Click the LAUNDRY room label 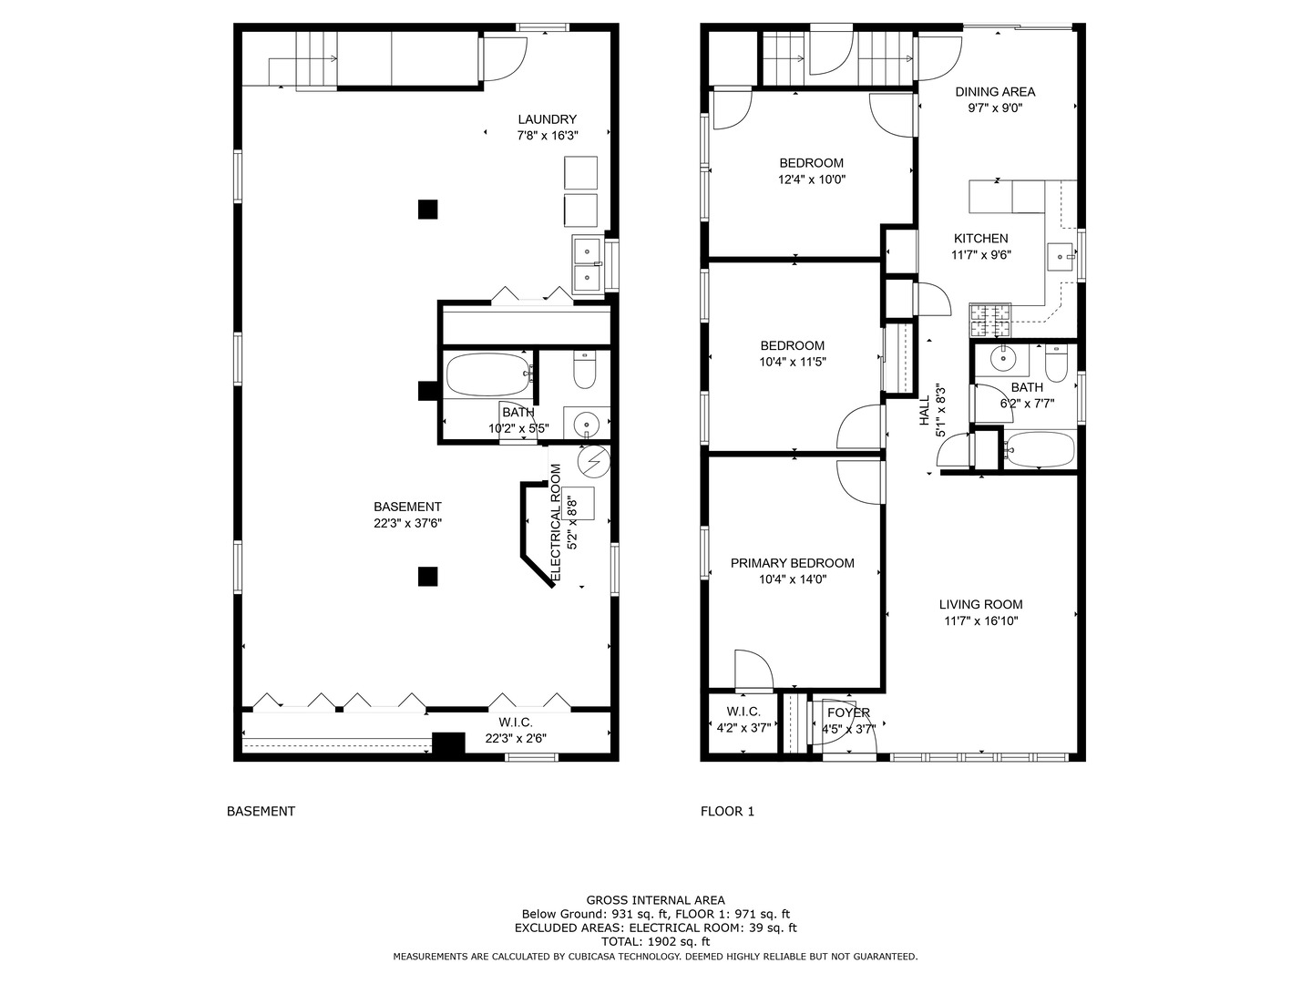pyautogui.click(x=547, y=119)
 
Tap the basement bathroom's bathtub pyautogui.click(x=487, y=374)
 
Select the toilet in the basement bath pyautogui.click(x=585, y=369)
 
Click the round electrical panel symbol pyautogui.click(x=593, y=462)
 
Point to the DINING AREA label pyautogui.click(x=995, y=92)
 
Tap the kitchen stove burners pyautogui.click(x=989, y=320)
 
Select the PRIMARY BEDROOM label pyautogui.click(x=792, y=563)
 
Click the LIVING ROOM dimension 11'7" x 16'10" pyautogui.click(x=981, y=620)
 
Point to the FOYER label pyautogui.click(x=848, y=712)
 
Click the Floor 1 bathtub pyautogui.click(x=1040, y=450)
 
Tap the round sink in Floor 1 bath pyautogui.click(x=1002, y=359)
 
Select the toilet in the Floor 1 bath pyautogui.click(x=1056, y=364)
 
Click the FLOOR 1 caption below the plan pyautogui.click(x=727, y=811)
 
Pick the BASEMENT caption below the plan pyautogui.click(x=261, y=811)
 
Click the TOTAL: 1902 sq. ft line pyautogui.click(x=656, y=942)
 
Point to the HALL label pyautogui.click(x=925, y=410)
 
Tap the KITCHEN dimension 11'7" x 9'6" pyautogui.click(x=981, y=255)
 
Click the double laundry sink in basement pyautogui.click(x=589, y=264)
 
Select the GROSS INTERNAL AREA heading pyautogui.click(x=656, y=900)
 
